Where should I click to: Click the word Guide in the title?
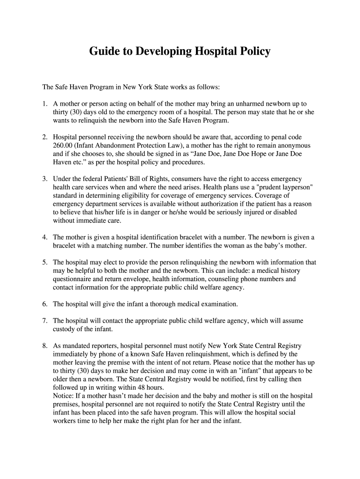pos(104,51)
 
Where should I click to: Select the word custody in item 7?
pos(64,329)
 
